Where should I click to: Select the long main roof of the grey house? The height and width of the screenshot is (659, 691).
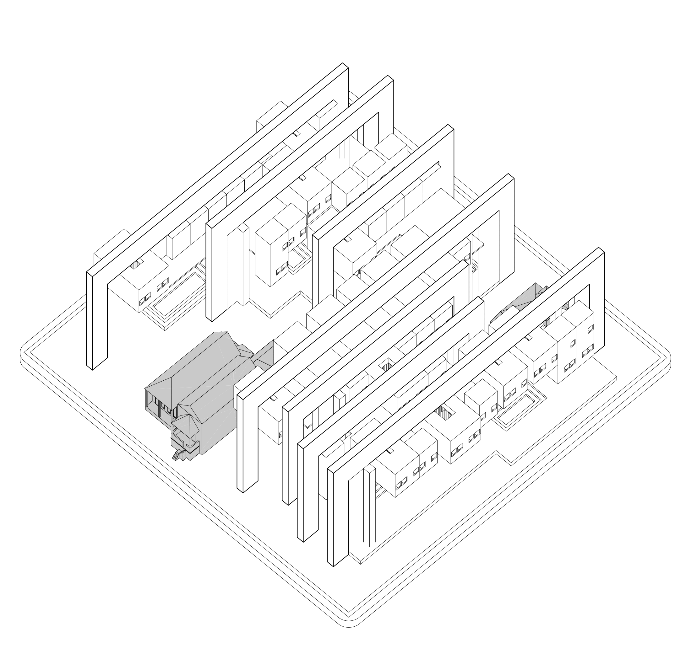point(197,362)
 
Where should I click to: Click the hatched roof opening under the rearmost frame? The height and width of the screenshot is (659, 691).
point(137,264)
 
